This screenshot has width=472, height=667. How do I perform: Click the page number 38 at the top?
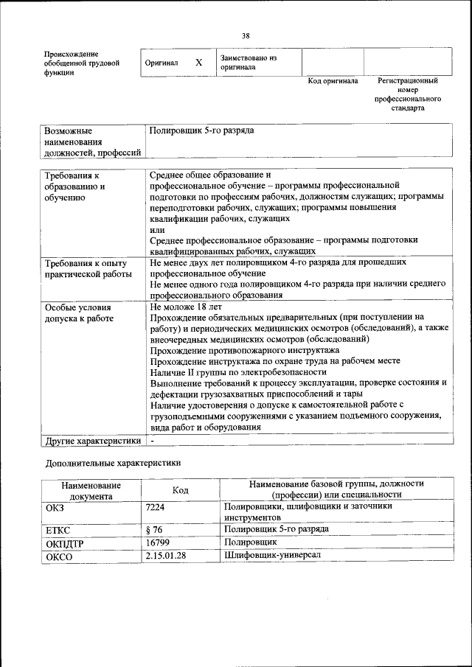tap(246, 35)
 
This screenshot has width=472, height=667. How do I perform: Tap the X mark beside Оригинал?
tap(198, 63)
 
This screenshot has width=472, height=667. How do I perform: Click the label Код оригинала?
tap(333, 81)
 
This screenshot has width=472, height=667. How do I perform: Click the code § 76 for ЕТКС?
tap(155, 529)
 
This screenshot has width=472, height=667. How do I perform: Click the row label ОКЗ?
tap(55, 508)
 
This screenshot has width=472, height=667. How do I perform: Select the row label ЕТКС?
tap(58, 531)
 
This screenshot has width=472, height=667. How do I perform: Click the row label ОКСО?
tap(59, 556)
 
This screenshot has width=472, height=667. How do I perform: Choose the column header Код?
tap(180, 489)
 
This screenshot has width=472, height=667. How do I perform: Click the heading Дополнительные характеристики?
tap(112, 463)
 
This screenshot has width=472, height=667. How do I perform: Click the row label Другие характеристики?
tap(93, 441)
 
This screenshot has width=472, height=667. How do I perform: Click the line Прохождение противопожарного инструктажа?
tap(244, 350)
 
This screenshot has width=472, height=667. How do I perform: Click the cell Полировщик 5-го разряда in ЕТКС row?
tap(276, 529)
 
